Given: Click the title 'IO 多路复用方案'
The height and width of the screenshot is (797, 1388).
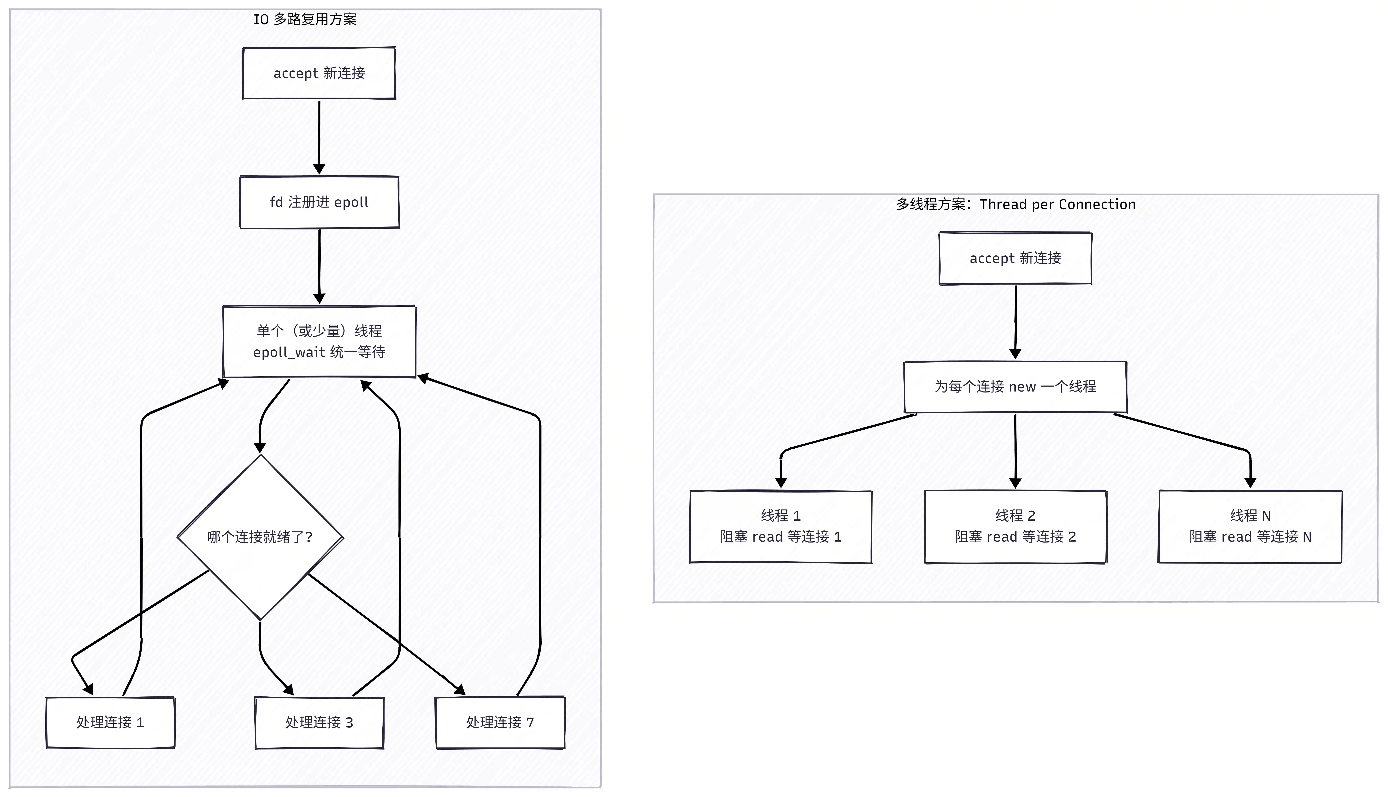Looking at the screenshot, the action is [x=305, y=20].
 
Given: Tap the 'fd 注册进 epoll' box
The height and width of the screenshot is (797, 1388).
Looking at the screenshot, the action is [x=319, y=202].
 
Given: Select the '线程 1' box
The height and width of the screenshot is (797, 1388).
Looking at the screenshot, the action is [x=781, y=527].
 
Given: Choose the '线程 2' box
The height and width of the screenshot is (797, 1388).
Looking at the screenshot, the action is [x=1016, y=527].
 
